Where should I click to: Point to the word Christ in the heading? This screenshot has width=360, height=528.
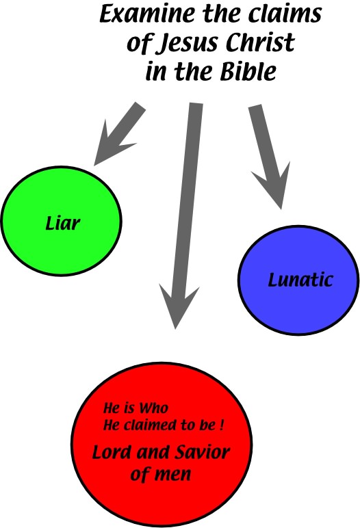coord(261,42)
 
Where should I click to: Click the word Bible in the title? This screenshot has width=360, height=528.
coord(248,71)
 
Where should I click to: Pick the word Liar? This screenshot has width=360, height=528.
coord(63,223)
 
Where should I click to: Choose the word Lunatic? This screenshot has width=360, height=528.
coord(300,280)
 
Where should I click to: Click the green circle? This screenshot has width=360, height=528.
coord(62,221)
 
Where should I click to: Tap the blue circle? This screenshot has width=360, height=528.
coord(298,280)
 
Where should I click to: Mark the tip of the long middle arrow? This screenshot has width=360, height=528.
coord(175,329)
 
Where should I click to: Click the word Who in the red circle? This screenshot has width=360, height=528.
coord(154,408)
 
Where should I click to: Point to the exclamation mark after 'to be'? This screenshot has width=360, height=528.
coord(221,425)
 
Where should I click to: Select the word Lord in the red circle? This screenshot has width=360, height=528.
coord(112,452)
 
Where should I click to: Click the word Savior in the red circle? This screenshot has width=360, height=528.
coord(203,451)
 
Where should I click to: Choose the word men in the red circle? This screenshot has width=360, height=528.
coord(173,475)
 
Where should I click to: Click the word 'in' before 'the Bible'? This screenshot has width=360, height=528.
coord(156,71)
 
